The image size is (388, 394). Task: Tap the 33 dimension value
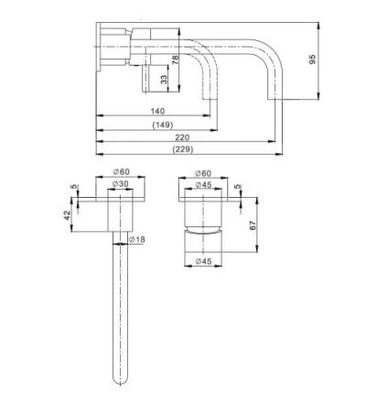coord(164,80)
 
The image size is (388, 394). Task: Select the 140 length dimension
coord(156,110)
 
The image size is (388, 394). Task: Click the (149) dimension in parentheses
coord(162,124)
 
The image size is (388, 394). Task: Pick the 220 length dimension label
coord(182,137)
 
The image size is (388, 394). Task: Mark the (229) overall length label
coord(182,149)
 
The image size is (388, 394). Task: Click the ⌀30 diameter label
coord(121,184)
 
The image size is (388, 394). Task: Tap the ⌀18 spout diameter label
coord(137,239)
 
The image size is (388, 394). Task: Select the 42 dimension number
coord(67,215)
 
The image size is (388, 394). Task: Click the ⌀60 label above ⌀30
coord(121,171)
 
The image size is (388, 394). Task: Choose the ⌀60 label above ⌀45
coord(204,172)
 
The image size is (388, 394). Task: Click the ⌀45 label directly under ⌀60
coord(204,184)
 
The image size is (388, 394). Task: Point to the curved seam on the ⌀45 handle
coord(204,233)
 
